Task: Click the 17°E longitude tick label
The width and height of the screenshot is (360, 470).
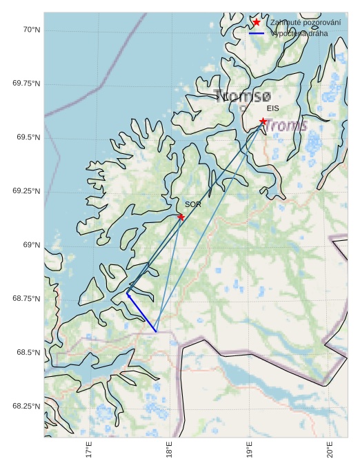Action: (89, 451)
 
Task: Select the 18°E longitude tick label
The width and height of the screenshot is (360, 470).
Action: (170, 451)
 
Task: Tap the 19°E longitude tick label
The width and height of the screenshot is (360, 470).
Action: (250, 451)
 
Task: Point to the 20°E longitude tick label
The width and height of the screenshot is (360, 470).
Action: (330, 451)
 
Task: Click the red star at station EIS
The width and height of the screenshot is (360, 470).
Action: (263, 121)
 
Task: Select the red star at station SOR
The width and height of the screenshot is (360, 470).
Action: (181, 217)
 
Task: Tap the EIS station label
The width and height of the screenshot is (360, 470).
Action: (272, 109)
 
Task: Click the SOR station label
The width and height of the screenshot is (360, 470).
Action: (193, 205)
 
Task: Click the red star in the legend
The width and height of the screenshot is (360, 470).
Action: (257, 23)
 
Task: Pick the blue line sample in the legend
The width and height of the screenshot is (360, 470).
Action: (257, 33)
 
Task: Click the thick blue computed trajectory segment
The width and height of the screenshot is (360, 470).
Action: (142, 313)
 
